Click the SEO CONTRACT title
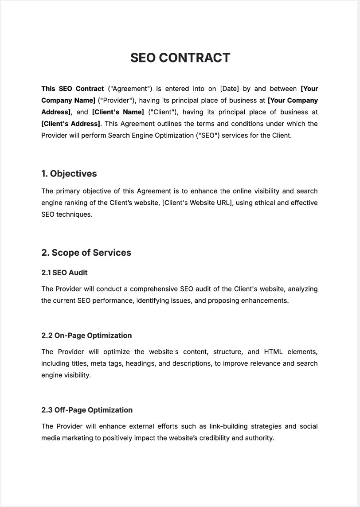pyautogui.click(x=180, y=58)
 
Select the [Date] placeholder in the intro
pyautogui.click(x=229, y=89)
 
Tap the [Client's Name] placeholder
pyautogui.click(x=118, y=112)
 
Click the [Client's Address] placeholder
pyautogui.click(x=71, y=124)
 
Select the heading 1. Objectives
pyautogui.click(x=69, y=174)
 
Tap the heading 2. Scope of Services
pyautogui.click(x=86, y=253)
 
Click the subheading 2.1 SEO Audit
pyautogui.click(x=64, y=273)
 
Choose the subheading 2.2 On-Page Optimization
pyautogui.click(x=86, y=335)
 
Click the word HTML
pyautogui.click(x=273, y=352)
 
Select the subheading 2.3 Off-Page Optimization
pyautogui.click(x=87, y=410)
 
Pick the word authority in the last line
pyautogui.click(x=259, y=438)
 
